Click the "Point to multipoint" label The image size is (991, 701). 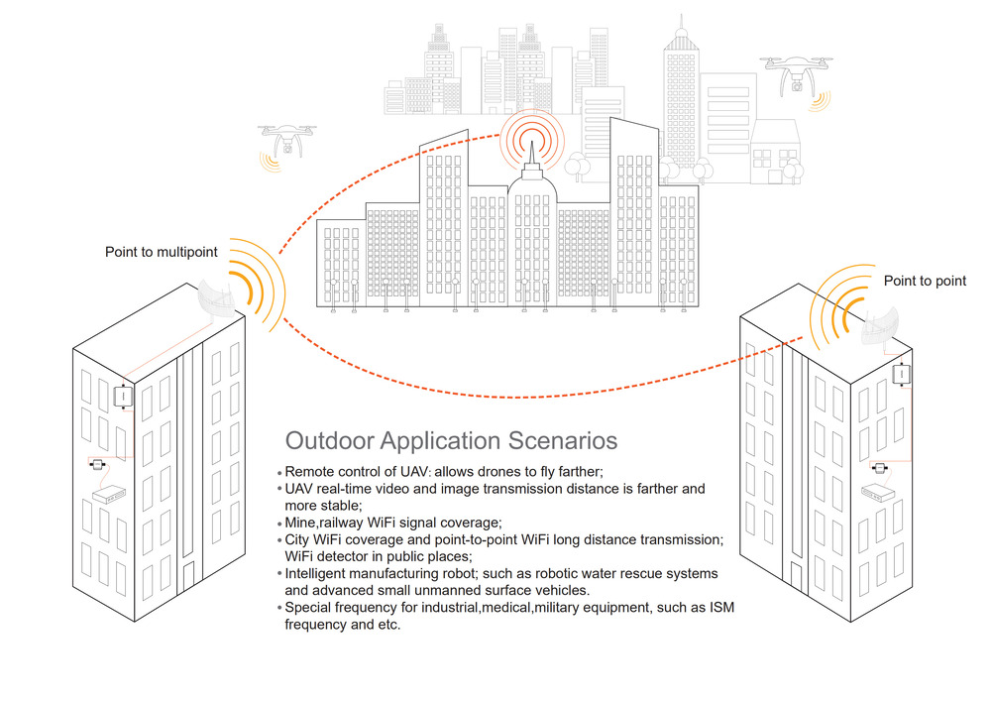click(162, 252)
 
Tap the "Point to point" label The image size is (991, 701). click(925, 281)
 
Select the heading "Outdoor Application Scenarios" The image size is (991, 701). click(451, 440)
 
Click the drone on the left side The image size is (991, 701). click(287, 139)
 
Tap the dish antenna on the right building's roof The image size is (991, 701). click(879, 325)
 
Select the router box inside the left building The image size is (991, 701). click(109, 494)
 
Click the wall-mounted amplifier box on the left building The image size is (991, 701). click(123, 397)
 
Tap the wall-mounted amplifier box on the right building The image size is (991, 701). click(901, 374)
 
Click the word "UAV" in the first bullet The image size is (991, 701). click(413, 472)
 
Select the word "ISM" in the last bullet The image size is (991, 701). click(721, 608)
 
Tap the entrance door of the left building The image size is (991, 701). click(188, 575)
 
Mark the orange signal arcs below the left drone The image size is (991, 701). click(271, 162)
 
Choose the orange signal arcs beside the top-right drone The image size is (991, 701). click(821, 101)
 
